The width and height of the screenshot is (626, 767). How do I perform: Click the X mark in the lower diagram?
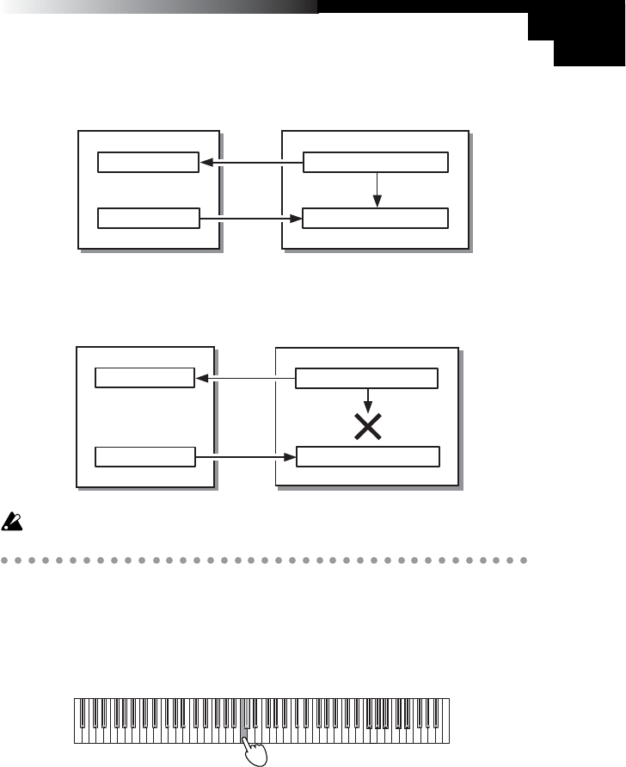point(368,428)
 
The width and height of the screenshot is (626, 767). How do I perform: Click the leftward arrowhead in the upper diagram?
point(206,162)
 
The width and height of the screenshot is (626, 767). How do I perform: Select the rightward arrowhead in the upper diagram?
point(297,219)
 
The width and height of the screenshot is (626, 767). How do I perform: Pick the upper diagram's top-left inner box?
point(148,162)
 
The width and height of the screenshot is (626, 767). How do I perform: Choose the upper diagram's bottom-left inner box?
point(148,219)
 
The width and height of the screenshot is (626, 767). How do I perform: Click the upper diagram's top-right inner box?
point(376,162)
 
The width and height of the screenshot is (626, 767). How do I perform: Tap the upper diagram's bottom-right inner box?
point(376,219)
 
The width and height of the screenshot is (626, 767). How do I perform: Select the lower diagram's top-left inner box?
point(144,378)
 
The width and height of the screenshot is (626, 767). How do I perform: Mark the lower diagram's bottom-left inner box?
point(144,455)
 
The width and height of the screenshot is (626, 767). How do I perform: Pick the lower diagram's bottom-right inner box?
point(367,455)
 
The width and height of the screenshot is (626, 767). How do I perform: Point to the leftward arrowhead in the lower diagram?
point(201,378)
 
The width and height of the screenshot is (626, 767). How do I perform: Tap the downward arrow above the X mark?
point(368,401)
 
